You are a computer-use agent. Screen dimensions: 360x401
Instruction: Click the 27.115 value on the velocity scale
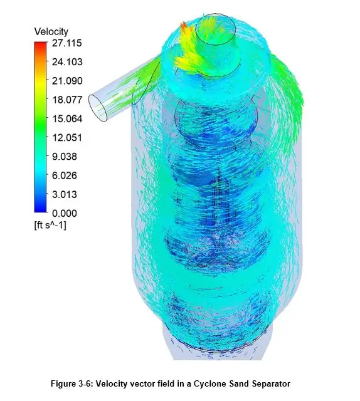pyautogui.click(x=66, y=43)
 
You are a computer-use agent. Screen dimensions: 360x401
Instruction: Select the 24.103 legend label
pyautogui.click(x=67, y=62)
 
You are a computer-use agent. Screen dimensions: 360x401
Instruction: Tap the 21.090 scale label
pyautogui.click(x=67, y=81)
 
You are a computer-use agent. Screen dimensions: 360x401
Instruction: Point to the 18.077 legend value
pyautogui.click(x=67, y=100)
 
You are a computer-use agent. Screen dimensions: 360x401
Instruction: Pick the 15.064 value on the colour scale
pyautogui.click(x=67, y=118)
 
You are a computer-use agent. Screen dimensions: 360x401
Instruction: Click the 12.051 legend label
pyautogui.click(x=67, y=138)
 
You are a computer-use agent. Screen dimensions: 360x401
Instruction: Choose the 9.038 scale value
pyautogui.click(x=64, y=157)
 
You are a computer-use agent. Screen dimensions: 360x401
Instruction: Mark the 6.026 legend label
pyautogui.click(x=64, y=175)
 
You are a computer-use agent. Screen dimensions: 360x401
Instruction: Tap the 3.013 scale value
pyautogui.click(x=64, y=194)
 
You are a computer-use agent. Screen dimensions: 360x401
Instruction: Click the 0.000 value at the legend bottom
pyautogui.click(x=64, y=213)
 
